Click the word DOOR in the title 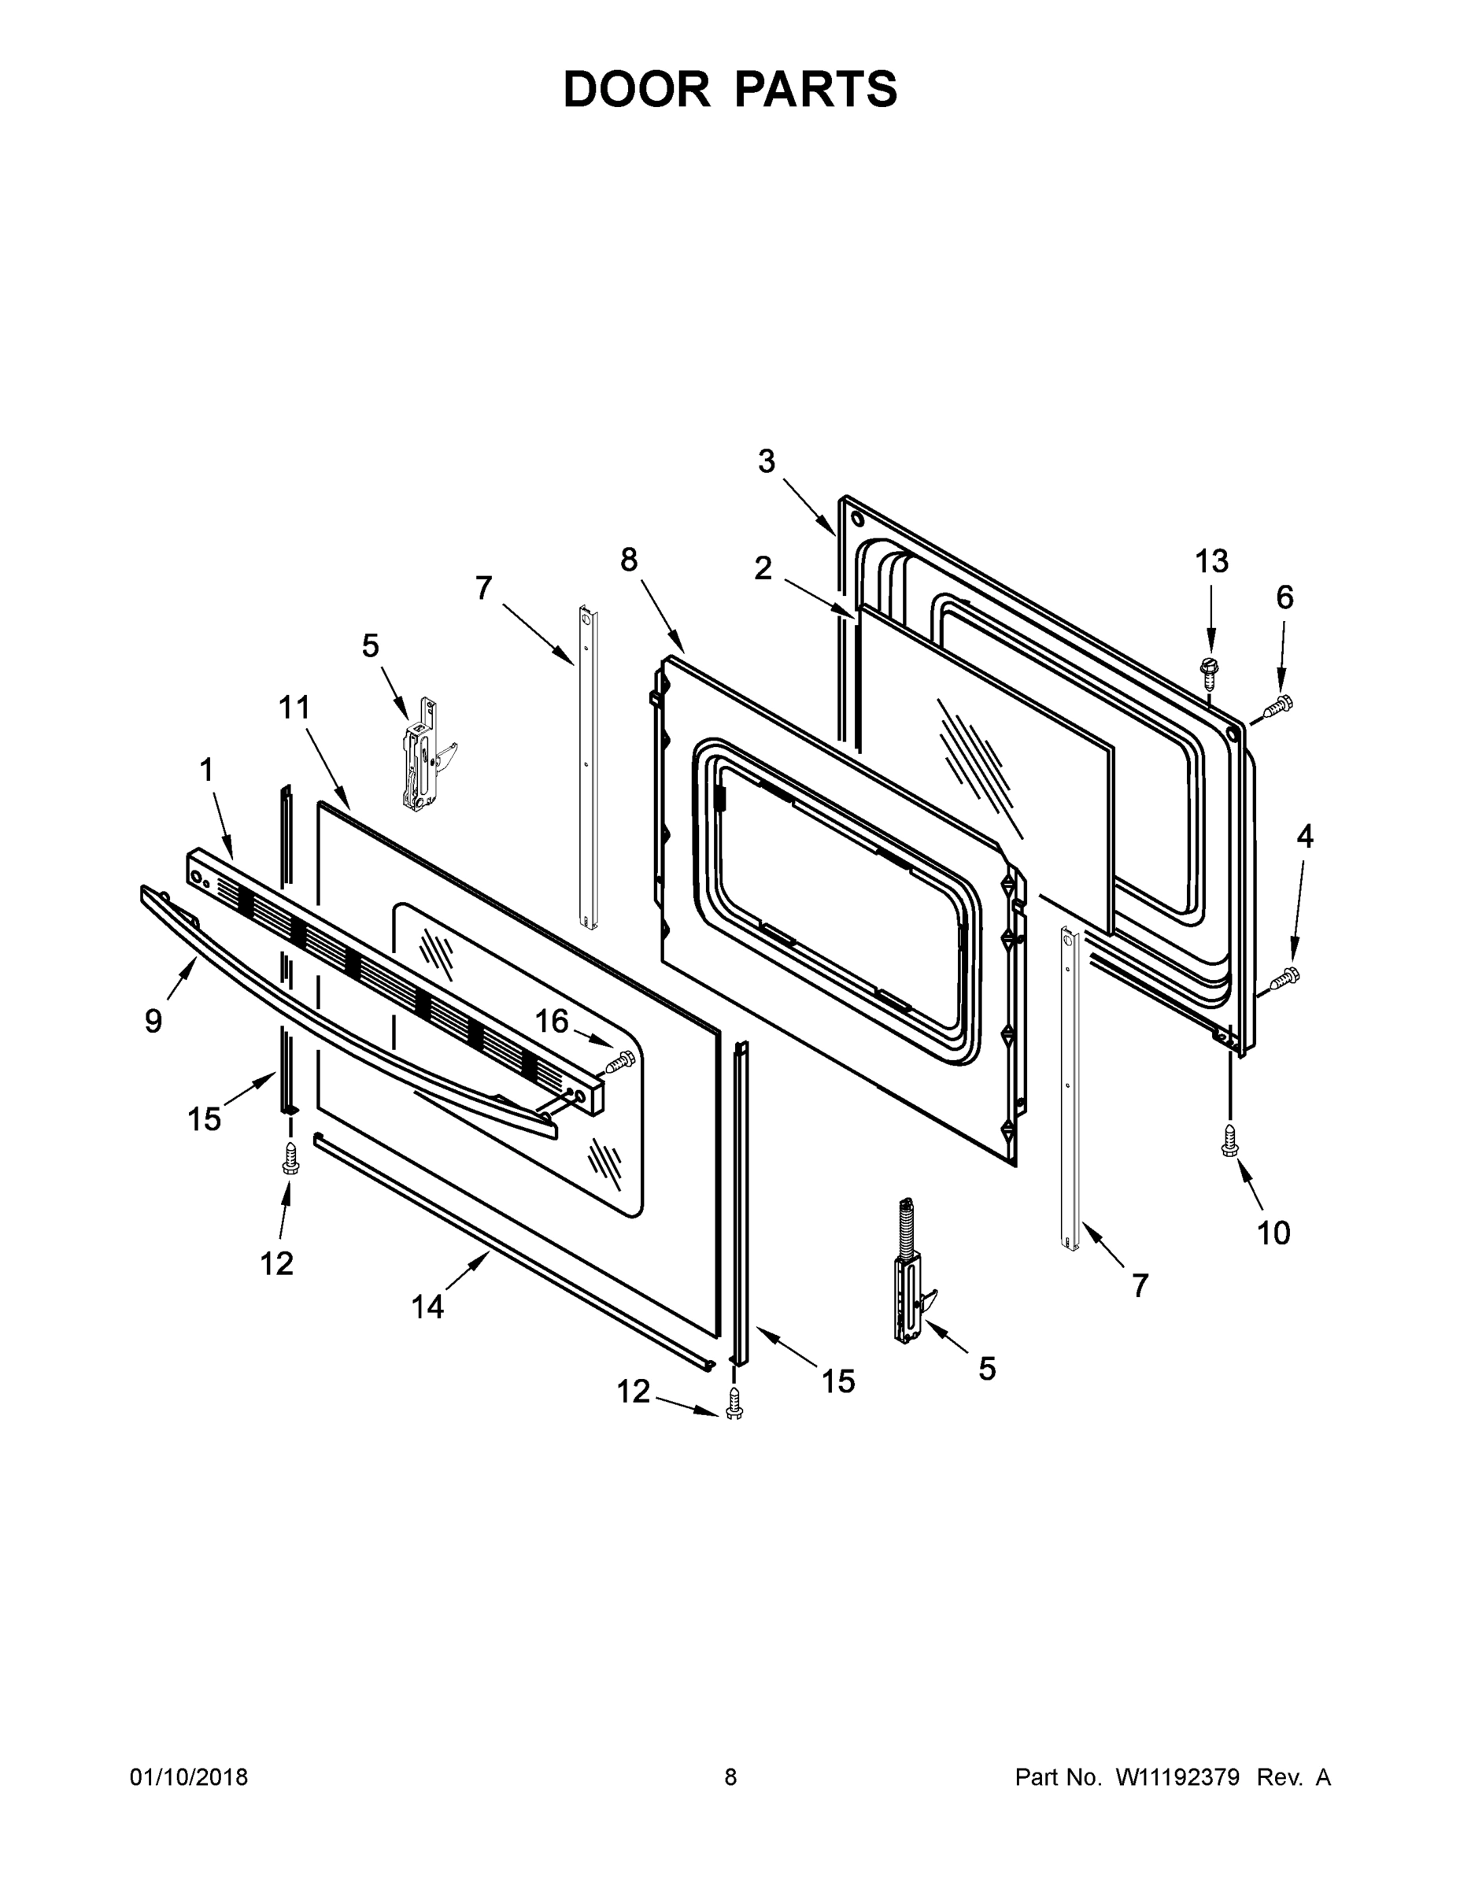click(637, 90)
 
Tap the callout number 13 click(1211, 561)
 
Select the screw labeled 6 click(1277, 707)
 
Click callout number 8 click(629, 560)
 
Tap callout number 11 click(294, 708)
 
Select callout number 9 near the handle click(153, 1022)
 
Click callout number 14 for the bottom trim click(427, 1306)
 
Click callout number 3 click(767, 462)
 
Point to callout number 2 click(762, 568)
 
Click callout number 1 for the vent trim click(206, 770)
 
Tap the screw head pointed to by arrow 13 click(1209, 667)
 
